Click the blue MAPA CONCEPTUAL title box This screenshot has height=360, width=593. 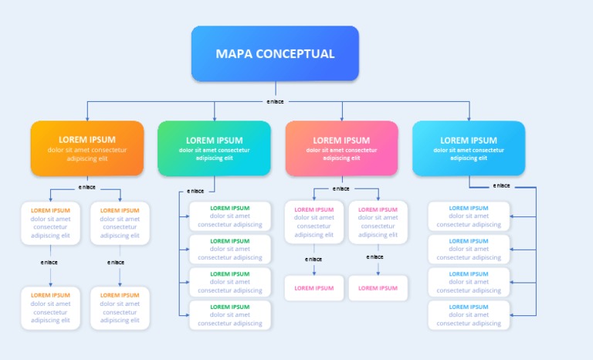[x=275, y=53]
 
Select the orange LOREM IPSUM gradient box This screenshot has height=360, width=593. [x=87, y=148]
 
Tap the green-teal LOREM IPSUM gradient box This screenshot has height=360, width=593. [x=214, y=148]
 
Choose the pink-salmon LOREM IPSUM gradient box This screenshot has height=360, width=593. [x=341, y=148]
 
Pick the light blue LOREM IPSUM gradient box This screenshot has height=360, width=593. [x=469, y=148]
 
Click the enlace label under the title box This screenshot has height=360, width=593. [x=275, y=101]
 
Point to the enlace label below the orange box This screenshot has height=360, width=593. [x=87, y=187]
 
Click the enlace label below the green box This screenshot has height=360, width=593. [x=196, y=191]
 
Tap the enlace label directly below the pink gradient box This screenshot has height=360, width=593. [x=341, y=188]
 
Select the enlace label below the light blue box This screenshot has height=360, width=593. [x=502, y=185]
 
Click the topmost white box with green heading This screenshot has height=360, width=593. [x=229, y=216]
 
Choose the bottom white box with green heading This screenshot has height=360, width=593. [x=229, y=315]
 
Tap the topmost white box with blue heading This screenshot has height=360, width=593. [x=469, y=216]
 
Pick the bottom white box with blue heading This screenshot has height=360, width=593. [x=469, y=315]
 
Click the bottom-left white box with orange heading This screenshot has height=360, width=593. [x=50, y=307]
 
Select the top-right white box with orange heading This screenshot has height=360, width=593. [x=120, y=222]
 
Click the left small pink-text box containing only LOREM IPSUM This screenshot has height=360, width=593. [x=313, y=288]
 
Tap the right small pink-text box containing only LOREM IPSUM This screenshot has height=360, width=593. [x=378, y=288]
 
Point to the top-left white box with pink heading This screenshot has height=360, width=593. [x=313, y=222]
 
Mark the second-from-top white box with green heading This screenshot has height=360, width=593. [x=229, y=249]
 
